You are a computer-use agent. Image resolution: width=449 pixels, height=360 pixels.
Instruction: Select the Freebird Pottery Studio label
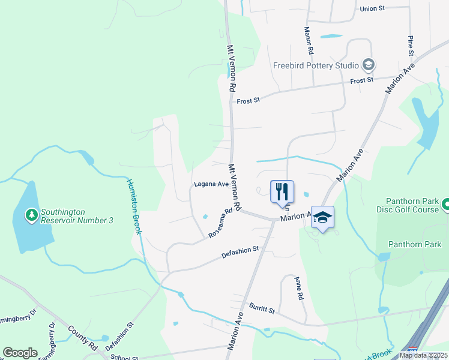[x=316, y=65]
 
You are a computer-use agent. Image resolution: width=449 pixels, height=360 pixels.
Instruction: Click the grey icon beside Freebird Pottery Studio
[x=368, y=65]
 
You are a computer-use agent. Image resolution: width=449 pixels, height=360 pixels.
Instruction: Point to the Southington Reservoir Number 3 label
[x=76, y=216]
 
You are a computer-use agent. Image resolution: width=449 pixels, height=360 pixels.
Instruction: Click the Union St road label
[x=372, y=9]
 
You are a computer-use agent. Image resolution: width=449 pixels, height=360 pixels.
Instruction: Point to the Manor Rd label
[x=309, y=40]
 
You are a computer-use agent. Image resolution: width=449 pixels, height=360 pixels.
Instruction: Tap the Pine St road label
[x=411, y=46]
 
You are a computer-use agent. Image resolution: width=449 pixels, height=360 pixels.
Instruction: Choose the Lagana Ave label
[x=211, y=184]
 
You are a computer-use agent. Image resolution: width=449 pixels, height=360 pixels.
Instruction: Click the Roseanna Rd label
[x=220, y=224]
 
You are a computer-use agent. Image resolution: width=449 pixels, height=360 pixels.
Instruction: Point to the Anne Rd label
[x=298, y=289]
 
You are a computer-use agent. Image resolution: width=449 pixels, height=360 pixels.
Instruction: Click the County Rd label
[x=82, y=338]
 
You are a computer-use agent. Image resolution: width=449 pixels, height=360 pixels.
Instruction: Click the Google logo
[x=20, y=353]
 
